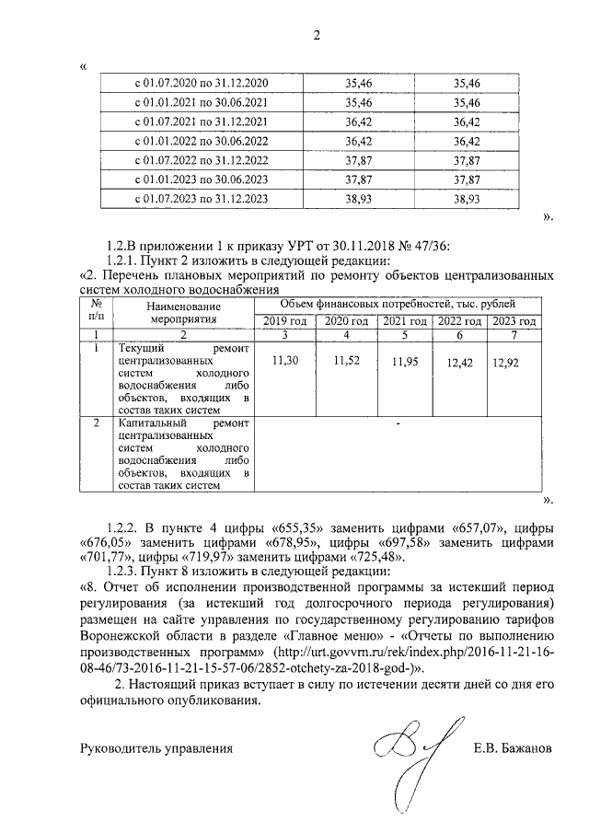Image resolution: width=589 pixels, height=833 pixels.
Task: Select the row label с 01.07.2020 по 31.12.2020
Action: [x=202, y=84]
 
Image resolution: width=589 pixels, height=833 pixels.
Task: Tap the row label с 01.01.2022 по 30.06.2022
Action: [x=202, y=142]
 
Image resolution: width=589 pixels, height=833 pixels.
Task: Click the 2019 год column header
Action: [x=285, y=321]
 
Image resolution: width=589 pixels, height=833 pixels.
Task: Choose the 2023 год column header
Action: [x=514, y=321]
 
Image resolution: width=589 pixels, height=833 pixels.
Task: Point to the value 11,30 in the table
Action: [x=286, y=363]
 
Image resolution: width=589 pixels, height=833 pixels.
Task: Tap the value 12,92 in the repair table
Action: [x=506, y=364]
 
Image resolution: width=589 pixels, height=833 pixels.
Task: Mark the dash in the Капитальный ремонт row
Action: [x=398, y=424]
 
